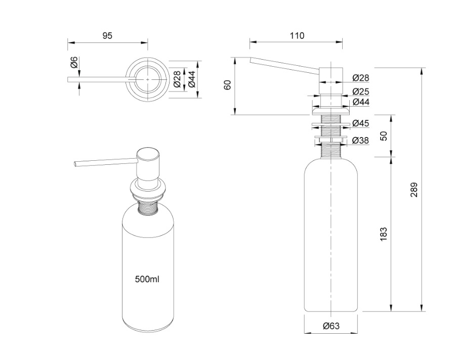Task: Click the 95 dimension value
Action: tap(107, 35)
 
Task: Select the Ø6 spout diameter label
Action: tap(74, 63)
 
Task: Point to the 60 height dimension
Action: tap(228, 85)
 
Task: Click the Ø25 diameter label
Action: tap(360, 92)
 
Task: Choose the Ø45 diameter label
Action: tap(360, 123)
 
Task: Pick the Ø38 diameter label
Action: tap(360, 140)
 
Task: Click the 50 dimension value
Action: tap(383, 136)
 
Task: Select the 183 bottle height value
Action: tap(383, 233)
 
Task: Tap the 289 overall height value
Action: tap(414, 190)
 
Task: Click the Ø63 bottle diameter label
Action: tap(331, 326)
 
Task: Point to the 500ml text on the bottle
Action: tap(147, 279)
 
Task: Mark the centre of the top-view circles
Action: tap(148, 79)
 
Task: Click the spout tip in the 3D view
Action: tap(75, 164)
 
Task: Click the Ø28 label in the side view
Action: tap(360, 78)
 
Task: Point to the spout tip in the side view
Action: tap(251, 61)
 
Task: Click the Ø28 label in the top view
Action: tap(177, 79)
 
